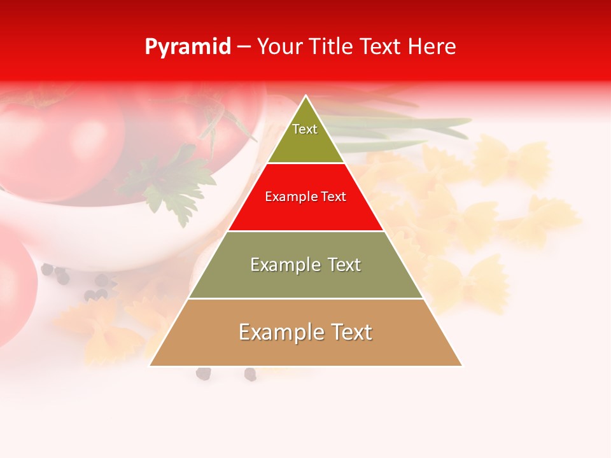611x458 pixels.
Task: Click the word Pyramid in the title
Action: tap(187, 47)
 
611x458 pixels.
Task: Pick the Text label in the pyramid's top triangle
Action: tap(305, 129)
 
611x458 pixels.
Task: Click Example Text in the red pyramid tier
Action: tap(305, 197)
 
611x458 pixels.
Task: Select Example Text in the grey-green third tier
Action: tap(305, 265)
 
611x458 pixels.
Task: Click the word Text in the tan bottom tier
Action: tap(349, 332)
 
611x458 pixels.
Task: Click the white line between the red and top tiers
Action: tap(305, 163)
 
